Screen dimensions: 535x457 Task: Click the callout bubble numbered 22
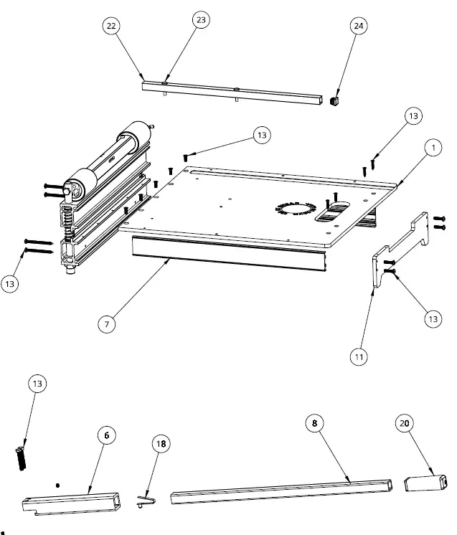pyautogui.click(x=111, y=26)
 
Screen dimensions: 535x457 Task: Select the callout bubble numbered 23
pyautogui.click(x=201, y=20)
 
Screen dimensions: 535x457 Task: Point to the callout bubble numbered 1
pyautogui.click(x=432, y=148)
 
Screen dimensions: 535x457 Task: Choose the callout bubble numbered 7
pyautogui.click(x=107, y=323)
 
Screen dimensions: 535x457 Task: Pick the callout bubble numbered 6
pyautogui.click(x=107, y=435)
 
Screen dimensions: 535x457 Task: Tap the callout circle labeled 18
pyautogui.click(x=161, y=444)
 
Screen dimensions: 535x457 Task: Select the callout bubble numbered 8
pyautogui.click(x=314, y=423)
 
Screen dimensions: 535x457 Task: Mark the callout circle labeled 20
pyautogui.click(x=404, y=423)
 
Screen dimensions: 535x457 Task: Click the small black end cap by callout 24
pyautogui.click(x=334, y=102)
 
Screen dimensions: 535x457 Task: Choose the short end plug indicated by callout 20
pyautogui.click(x=425, y=483)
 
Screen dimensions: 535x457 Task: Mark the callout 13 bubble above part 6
pyautogui.click(x=37, y=384)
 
